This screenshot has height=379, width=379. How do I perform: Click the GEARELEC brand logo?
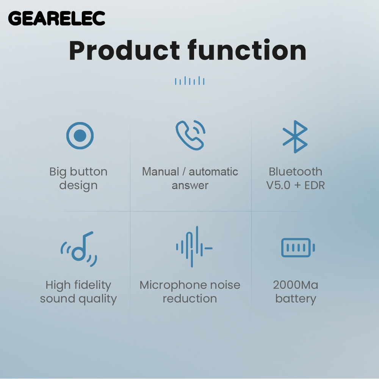coord(56,18)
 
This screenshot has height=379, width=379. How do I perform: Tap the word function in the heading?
coord(247,50)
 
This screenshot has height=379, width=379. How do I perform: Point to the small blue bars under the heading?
coord(190,81)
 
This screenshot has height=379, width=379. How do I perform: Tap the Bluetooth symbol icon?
coord(295,136)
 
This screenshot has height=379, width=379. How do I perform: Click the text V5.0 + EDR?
coord(295,185)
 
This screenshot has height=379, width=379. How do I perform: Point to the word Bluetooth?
coord(295,172)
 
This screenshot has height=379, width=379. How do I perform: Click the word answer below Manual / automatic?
coord(190,186)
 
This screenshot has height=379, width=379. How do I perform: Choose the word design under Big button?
coord(78,186)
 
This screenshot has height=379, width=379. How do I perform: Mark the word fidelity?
coord(93,285)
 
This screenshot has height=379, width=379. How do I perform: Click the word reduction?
coord(190,299)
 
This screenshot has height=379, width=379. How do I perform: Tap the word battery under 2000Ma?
coord(296,299)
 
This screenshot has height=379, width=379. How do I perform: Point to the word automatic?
coord(213,172)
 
